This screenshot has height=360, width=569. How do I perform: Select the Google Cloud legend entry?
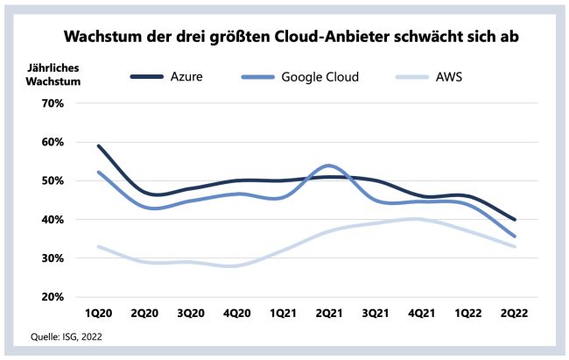click(x=320, y=77)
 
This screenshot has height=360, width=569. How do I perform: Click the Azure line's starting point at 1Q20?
click(x=98, y=146)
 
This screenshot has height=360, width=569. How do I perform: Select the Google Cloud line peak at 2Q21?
click(x=327, y=166)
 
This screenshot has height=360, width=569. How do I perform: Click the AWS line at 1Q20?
click(x=98, y=246)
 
